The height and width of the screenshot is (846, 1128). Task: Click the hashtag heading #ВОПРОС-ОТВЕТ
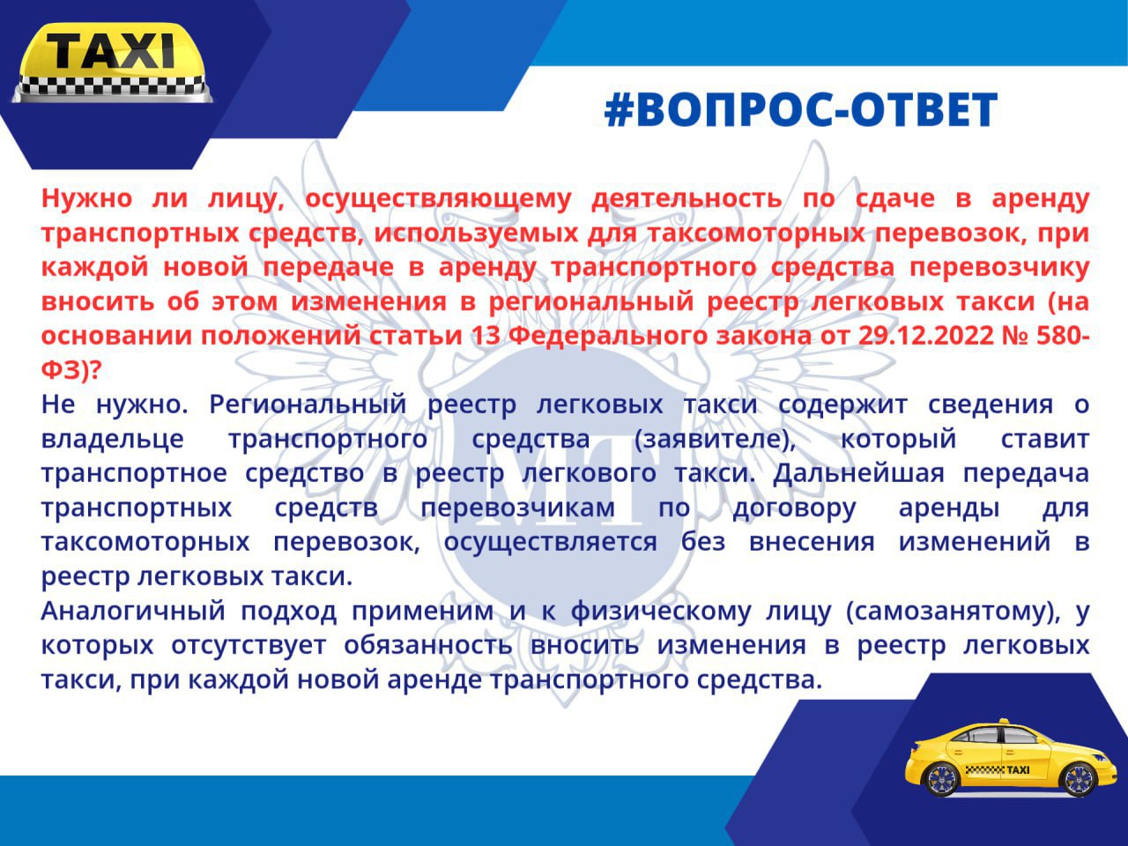click(801, 110)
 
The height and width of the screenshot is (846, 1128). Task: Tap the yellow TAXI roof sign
click(113, 63)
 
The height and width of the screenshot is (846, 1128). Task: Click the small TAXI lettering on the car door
click(1018, 770)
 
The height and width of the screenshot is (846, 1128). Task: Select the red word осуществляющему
click(438, 199)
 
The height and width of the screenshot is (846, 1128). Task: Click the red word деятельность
click(686, 198)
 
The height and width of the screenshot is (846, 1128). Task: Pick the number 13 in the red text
click(486, 336)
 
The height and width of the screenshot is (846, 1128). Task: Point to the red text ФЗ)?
click(70, 371)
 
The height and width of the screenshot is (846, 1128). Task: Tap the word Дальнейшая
click(858, 474)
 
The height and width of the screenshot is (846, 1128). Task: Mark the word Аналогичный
click(133, 612)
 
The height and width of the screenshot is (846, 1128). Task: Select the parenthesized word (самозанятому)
click(953, 612)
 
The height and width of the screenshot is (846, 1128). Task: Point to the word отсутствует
click(249, 646)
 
